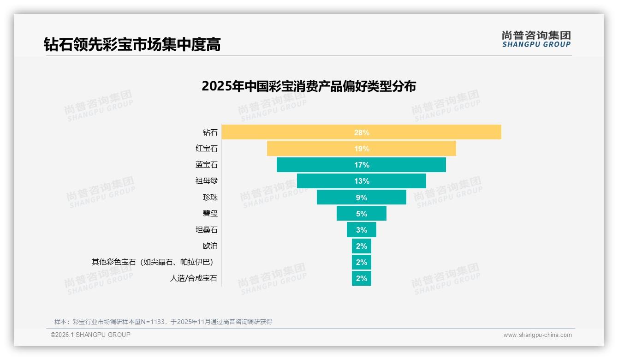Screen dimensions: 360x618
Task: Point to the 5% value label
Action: [x=362, y=214]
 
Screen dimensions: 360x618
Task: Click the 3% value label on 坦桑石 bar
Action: [x=362, y=230]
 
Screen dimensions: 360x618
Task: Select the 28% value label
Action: [x=362, y=132]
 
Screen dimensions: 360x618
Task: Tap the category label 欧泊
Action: [x=210, y=246]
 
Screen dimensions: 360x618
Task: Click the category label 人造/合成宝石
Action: [x=193, y=278]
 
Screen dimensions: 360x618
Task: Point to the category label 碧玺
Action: [x=210, y=214]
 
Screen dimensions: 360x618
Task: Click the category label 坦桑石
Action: [x=206, y=230]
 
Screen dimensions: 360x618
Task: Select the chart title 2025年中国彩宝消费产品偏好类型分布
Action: [x=309, y=86]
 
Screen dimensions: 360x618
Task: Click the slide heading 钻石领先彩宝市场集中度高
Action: [x=132, y=44]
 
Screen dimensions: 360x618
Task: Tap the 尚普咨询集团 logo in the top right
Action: [x=536, y=39]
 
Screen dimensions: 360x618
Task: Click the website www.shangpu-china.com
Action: [x=537, y=335]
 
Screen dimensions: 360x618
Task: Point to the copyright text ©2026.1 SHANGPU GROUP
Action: [x=90, y=335]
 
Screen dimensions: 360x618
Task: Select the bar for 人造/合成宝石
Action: [x=362, y=278]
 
